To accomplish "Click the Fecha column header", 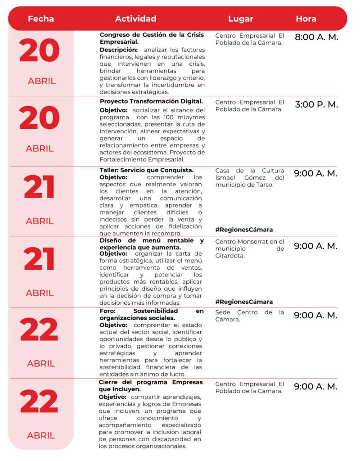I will coord(40,19).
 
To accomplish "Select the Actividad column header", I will coord(135,19).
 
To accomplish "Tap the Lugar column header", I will coord(241,19).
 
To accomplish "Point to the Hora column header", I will coord(306,19).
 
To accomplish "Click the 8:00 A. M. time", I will coord(316,37).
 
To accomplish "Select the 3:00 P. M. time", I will coord(316,105).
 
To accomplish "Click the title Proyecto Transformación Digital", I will coord(151,101).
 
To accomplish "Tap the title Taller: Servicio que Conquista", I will coord(147,170).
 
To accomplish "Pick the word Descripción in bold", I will coord(118,50).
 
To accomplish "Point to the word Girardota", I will coord(229,256).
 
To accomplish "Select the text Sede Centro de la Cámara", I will coord(250,316).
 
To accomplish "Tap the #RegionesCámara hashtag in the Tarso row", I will coord(244,230).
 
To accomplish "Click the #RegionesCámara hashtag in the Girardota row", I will coord(244,302).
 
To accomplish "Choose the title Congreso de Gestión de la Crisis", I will coord(152,35).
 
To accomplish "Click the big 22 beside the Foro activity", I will coord(39,330).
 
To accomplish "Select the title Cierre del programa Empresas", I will coord(150,382).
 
